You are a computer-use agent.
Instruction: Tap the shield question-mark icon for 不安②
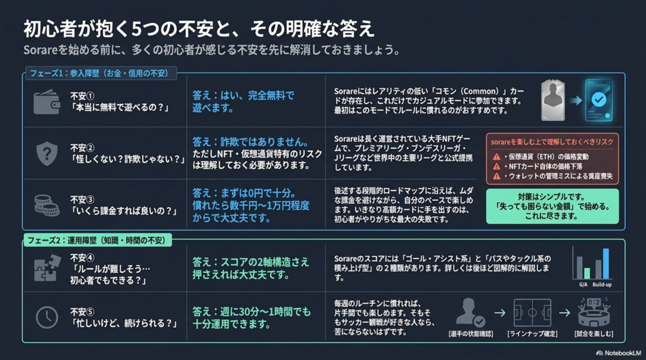click(47, 153)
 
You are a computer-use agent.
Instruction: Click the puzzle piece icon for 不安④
click(47, 267)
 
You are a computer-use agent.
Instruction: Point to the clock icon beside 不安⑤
click(47, 317)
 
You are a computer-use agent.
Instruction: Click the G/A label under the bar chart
click(584, 285)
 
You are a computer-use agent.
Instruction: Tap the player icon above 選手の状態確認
click(470, 313)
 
